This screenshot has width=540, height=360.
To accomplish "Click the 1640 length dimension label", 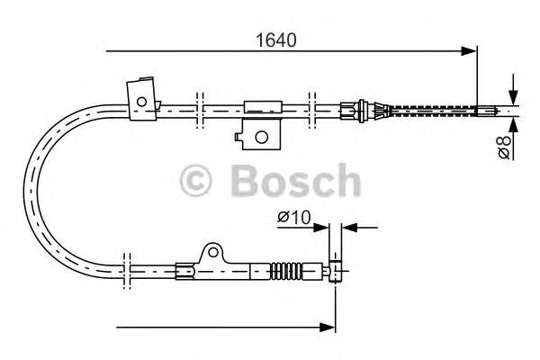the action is tap(275, 40).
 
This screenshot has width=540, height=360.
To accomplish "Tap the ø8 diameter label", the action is tap(504, 147).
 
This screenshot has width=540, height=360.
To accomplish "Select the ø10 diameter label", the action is tap(294, 218).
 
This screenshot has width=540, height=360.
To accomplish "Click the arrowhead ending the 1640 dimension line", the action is tap(469, 51).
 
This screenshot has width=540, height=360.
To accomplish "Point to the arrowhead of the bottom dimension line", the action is tap(328, 328).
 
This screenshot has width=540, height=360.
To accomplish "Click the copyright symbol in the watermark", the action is tap(195, 181).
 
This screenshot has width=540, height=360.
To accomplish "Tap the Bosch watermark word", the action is tap(296, 181).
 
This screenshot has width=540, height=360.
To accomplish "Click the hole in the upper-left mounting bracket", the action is tap(141, 102).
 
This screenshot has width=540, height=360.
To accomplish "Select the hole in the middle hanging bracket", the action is tap(261, 137).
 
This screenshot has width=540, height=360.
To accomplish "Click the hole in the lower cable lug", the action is tap(213, 253).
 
